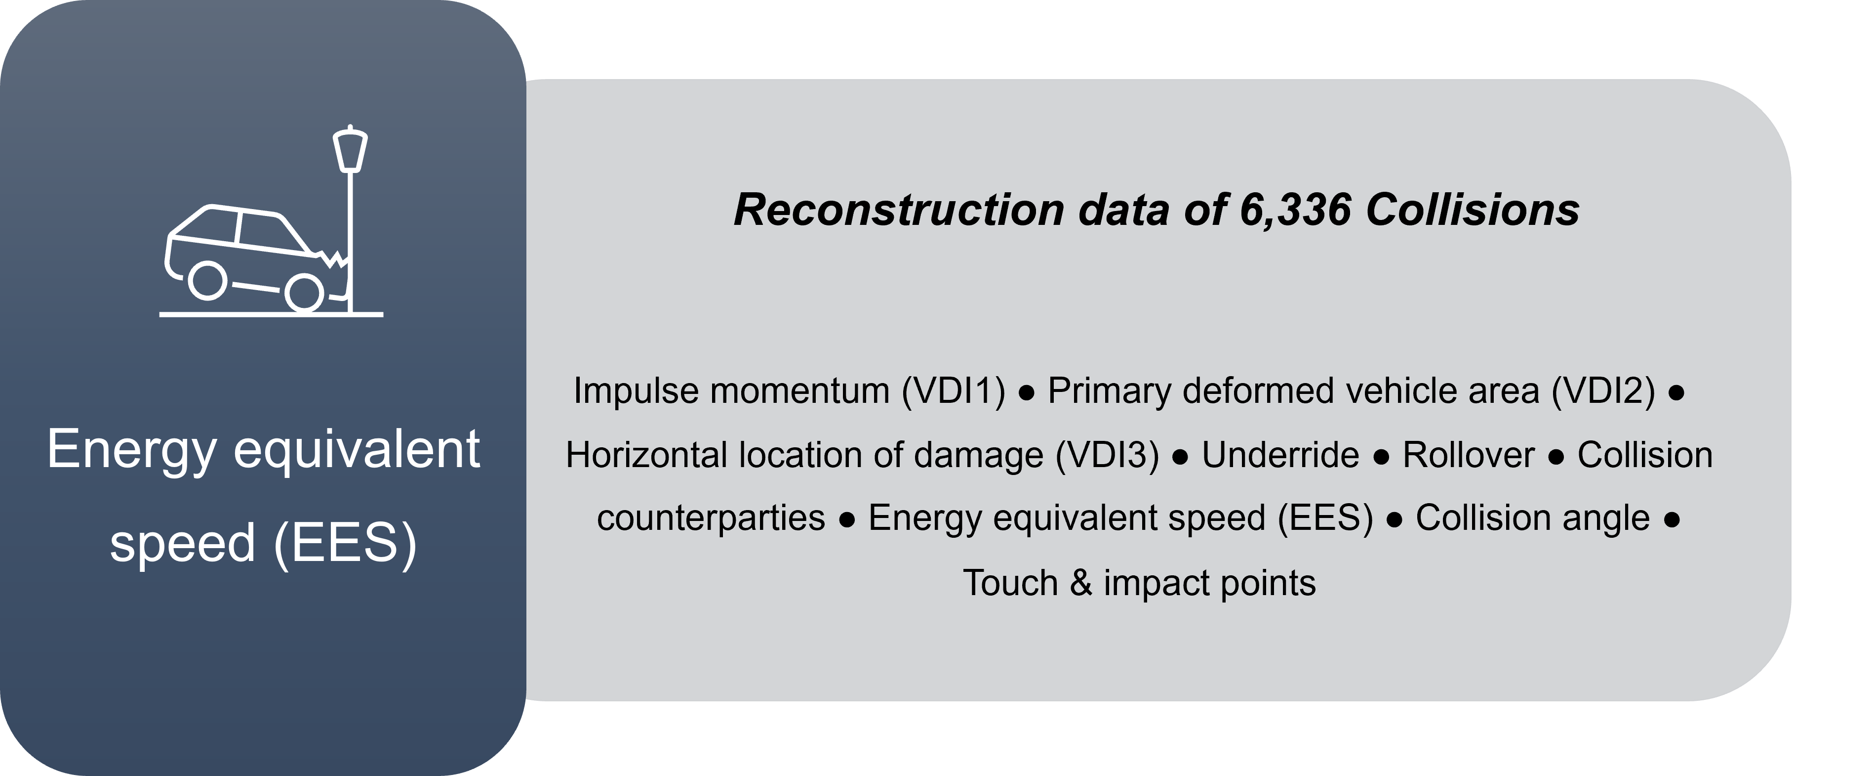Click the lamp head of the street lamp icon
pyautogui.click(x=350, y=149)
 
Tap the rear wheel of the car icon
pyautogui.click(x=207, y=280)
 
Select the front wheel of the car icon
pyautogui.click(x=304, y=293)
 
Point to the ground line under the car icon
pyautogui.click(x=272, y=314)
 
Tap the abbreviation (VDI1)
pyautogui.click(x=954, y=391)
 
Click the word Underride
pyautogui.click(x=1280, y=455)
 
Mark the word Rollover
pyautogui.click(x=1468, y=455)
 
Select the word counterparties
pyautogui.click(x=711, y=519)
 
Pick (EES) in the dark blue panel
pyautogui.click(x=346, y=544)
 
